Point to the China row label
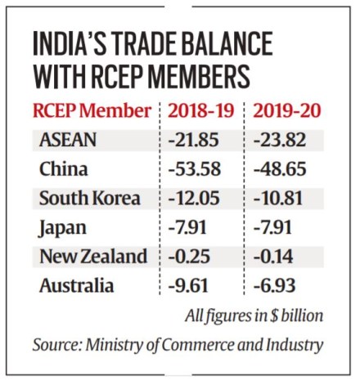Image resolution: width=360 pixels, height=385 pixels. coord(62,169)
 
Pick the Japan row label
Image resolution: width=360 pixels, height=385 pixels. coord(61,227)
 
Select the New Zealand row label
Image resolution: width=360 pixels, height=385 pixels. coord(92,257)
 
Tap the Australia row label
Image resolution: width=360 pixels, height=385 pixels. coord(73,285)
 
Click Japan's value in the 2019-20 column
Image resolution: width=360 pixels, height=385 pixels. coord(286,227)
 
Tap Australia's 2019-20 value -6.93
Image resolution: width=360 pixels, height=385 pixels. coord(286,285)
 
